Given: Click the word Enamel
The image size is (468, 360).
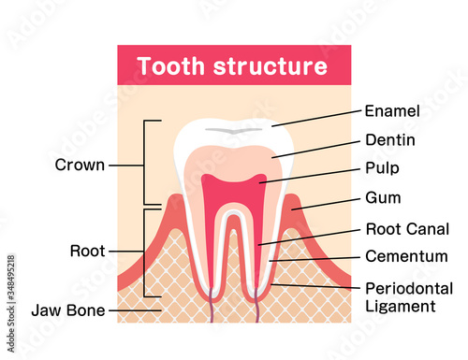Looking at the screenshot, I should point(392,111).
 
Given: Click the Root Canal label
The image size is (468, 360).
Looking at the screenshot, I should point(405,228).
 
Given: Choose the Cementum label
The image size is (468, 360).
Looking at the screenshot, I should point(404,255).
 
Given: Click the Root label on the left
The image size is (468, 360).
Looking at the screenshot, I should point(86,251).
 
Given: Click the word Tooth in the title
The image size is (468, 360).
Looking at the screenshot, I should point(167,67).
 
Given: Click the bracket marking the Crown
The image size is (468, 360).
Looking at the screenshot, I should point(146,164).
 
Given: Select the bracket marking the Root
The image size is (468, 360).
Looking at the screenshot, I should point(146,251).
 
